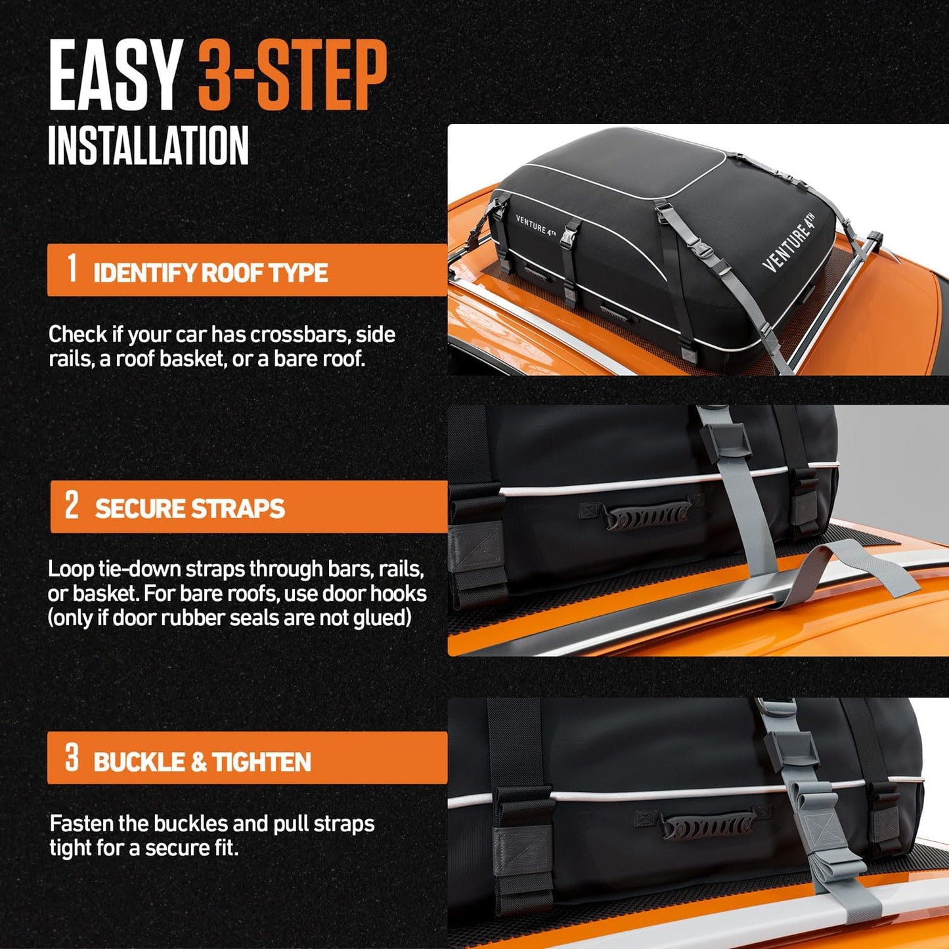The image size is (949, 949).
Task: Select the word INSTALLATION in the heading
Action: pos(148,145)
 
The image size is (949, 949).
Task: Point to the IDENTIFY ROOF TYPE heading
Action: pos(210,273)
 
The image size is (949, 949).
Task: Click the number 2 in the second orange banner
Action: pos(72,505)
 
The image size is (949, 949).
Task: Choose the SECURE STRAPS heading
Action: pos(190,509)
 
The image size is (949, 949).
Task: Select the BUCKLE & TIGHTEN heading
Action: pos(202,762)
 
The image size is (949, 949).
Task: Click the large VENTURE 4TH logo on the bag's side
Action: pos(789,242)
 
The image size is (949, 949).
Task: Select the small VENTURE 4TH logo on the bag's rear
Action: pos(535,225)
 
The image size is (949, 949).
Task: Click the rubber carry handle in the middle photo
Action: pos(647,514)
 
